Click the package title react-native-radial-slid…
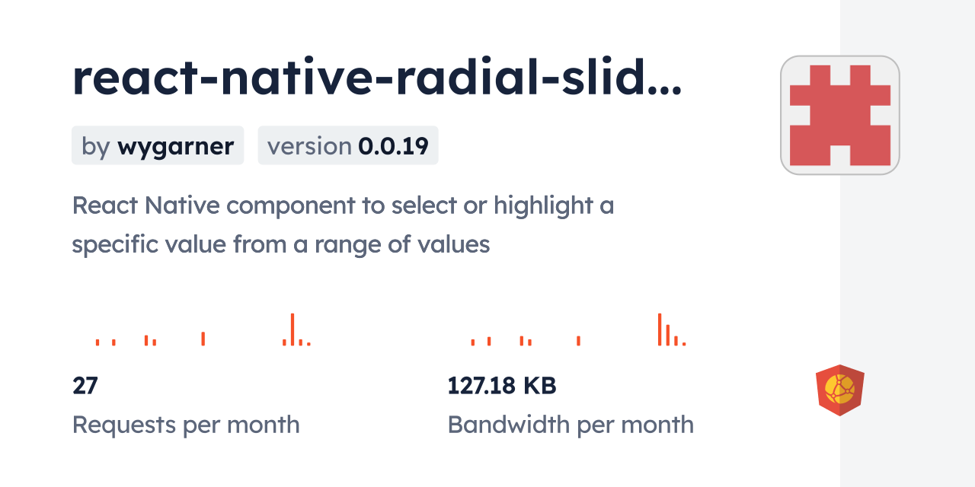coord(377,78)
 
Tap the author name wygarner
coord(175,146)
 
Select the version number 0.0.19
coord(394,146)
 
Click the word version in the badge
coord(309,146)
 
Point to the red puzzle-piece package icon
coord(839,115)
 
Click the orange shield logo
coord(839,390)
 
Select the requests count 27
coord(85,386)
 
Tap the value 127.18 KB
coord(502,386)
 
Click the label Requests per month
coord(186,425)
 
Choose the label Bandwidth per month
coord(571,425)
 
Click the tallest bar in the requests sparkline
coord(292,329)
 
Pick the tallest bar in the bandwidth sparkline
coord(660,329)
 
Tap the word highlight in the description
coord(543,205)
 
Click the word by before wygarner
coord(95,146)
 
